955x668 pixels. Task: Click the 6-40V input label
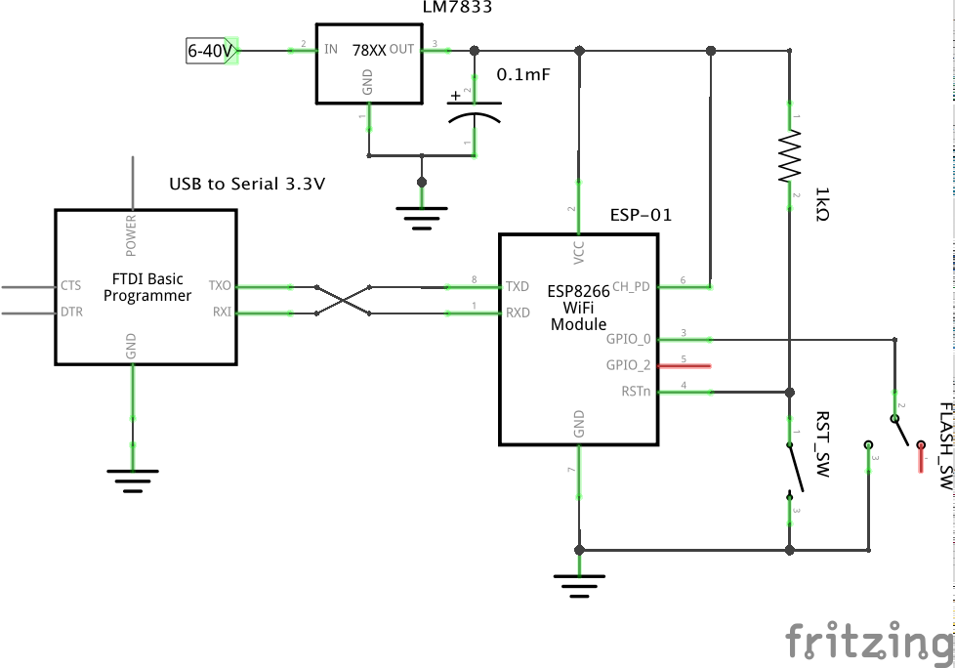coord(209,49)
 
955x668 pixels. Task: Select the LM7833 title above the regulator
coord(457,8)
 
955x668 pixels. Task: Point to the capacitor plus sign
coord(455,97)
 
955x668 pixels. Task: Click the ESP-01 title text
coord(641,215)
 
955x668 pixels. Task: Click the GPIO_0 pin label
coord(628,339)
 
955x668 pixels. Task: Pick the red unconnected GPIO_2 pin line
coord(684,366)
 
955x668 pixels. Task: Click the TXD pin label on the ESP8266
coord(518,287)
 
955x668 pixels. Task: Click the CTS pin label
coord(71,286)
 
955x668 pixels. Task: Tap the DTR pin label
coord(71,313)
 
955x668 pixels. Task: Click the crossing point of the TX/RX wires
coord(344,300)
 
